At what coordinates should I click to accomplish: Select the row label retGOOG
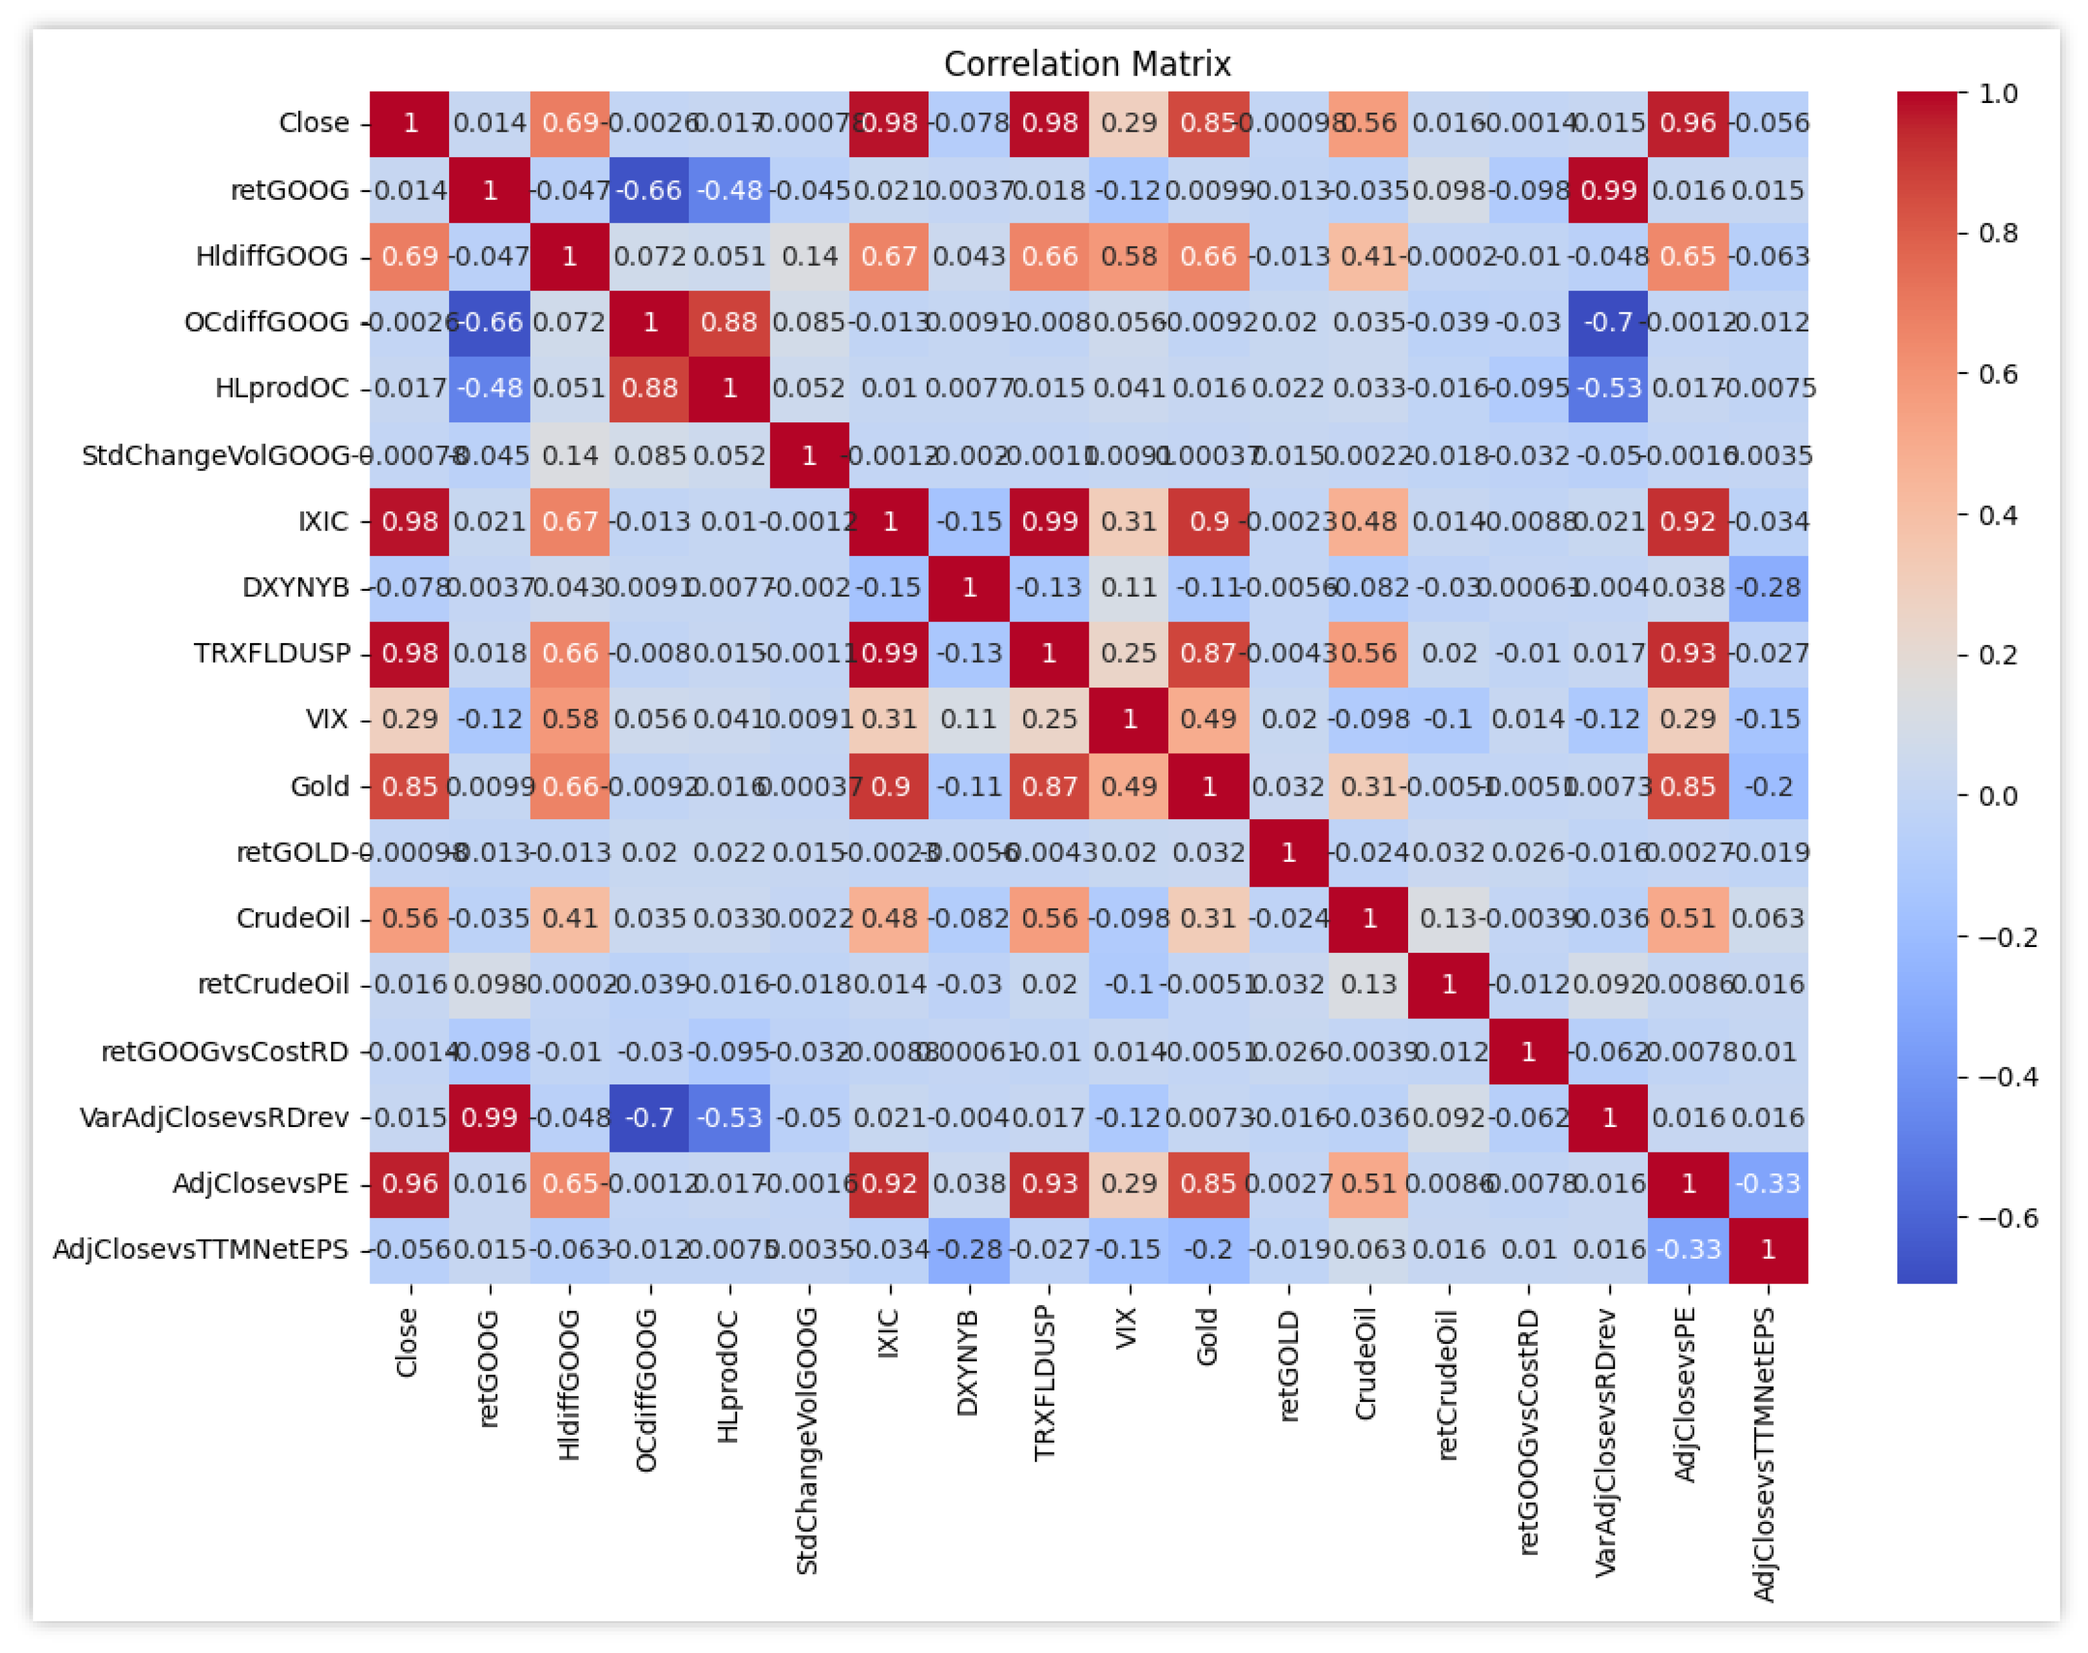point(289,190)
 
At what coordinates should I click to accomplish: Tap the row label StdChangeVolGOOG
point(215,455)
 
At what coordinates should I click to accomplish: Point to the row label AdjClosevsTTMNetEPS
point(200,1249)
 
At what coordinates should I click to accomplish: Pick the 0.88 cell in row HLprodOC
point(649,388)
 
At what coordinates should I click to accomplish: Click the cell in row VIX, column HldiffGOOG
point(570,719)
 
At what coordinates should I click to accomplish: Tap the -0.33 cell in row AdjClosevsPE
point(1767,1184)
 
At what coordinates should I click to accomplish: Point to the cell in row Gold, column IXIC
point(889,786)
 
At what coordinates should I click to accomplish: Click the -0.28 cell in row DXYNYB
point(1767,588)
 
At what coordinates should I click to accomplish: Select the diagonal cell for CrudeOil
point(1369,918)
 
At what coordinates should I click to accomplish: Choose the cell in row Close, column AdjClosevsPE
point(1689,123)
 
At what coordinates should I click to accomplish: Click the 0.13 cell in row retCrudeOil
point(1369,985)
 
